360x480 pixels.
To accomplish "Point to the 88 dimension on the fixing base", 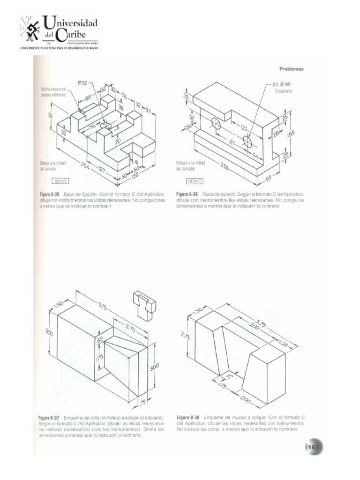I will point(88,98).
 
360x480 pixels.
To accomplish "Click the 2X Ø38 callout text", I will point(282,85).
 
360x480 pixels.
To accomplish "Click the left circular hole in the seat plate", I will point(216,124).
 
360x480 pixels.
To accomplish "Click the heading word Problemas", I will point(292,69).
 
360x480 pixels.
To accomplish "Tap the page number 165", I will point(313,447).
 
